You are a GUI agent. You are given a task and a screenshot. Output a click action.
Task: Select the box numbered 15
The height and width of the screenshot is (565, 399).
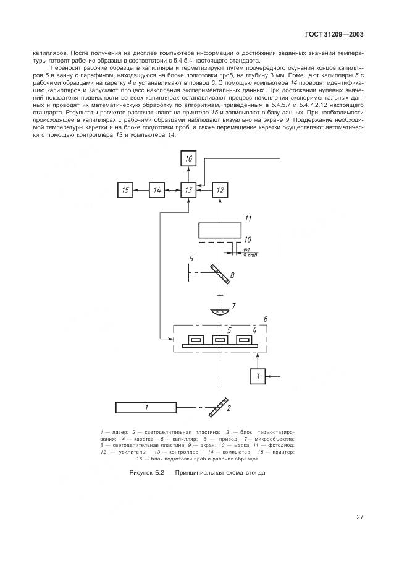(125, 190)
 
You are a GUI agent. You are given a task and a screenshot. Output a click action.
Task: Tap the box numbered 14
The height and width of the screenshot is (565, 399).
(157, 190)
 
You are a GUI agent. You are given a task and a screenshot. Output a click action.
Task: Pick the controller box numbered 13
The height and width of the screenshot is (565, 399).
(189, 190)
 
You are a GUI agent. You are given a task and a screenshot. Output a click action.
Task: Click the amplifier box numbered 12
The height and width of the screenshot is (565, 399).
(220, 190)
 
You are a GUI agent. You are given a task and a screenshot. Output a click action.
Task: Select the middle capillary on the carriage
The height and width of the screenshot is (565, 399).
(219, 339)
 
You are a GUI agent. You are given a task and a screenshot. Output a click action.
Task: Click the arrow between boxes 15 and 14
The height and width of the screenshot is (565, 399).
(141, 190)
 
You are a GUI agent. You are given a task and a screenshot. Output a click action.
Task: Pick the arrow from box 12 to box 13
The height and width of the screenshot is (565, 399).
(204, 190)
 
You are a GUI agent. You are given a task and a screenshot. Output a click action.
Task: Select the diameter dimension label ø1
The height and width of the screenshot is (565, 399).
(246, 249)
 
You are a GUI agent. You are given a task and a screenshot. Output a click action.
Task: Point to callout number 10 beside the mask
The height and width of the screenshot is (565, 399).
(247, 239)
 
